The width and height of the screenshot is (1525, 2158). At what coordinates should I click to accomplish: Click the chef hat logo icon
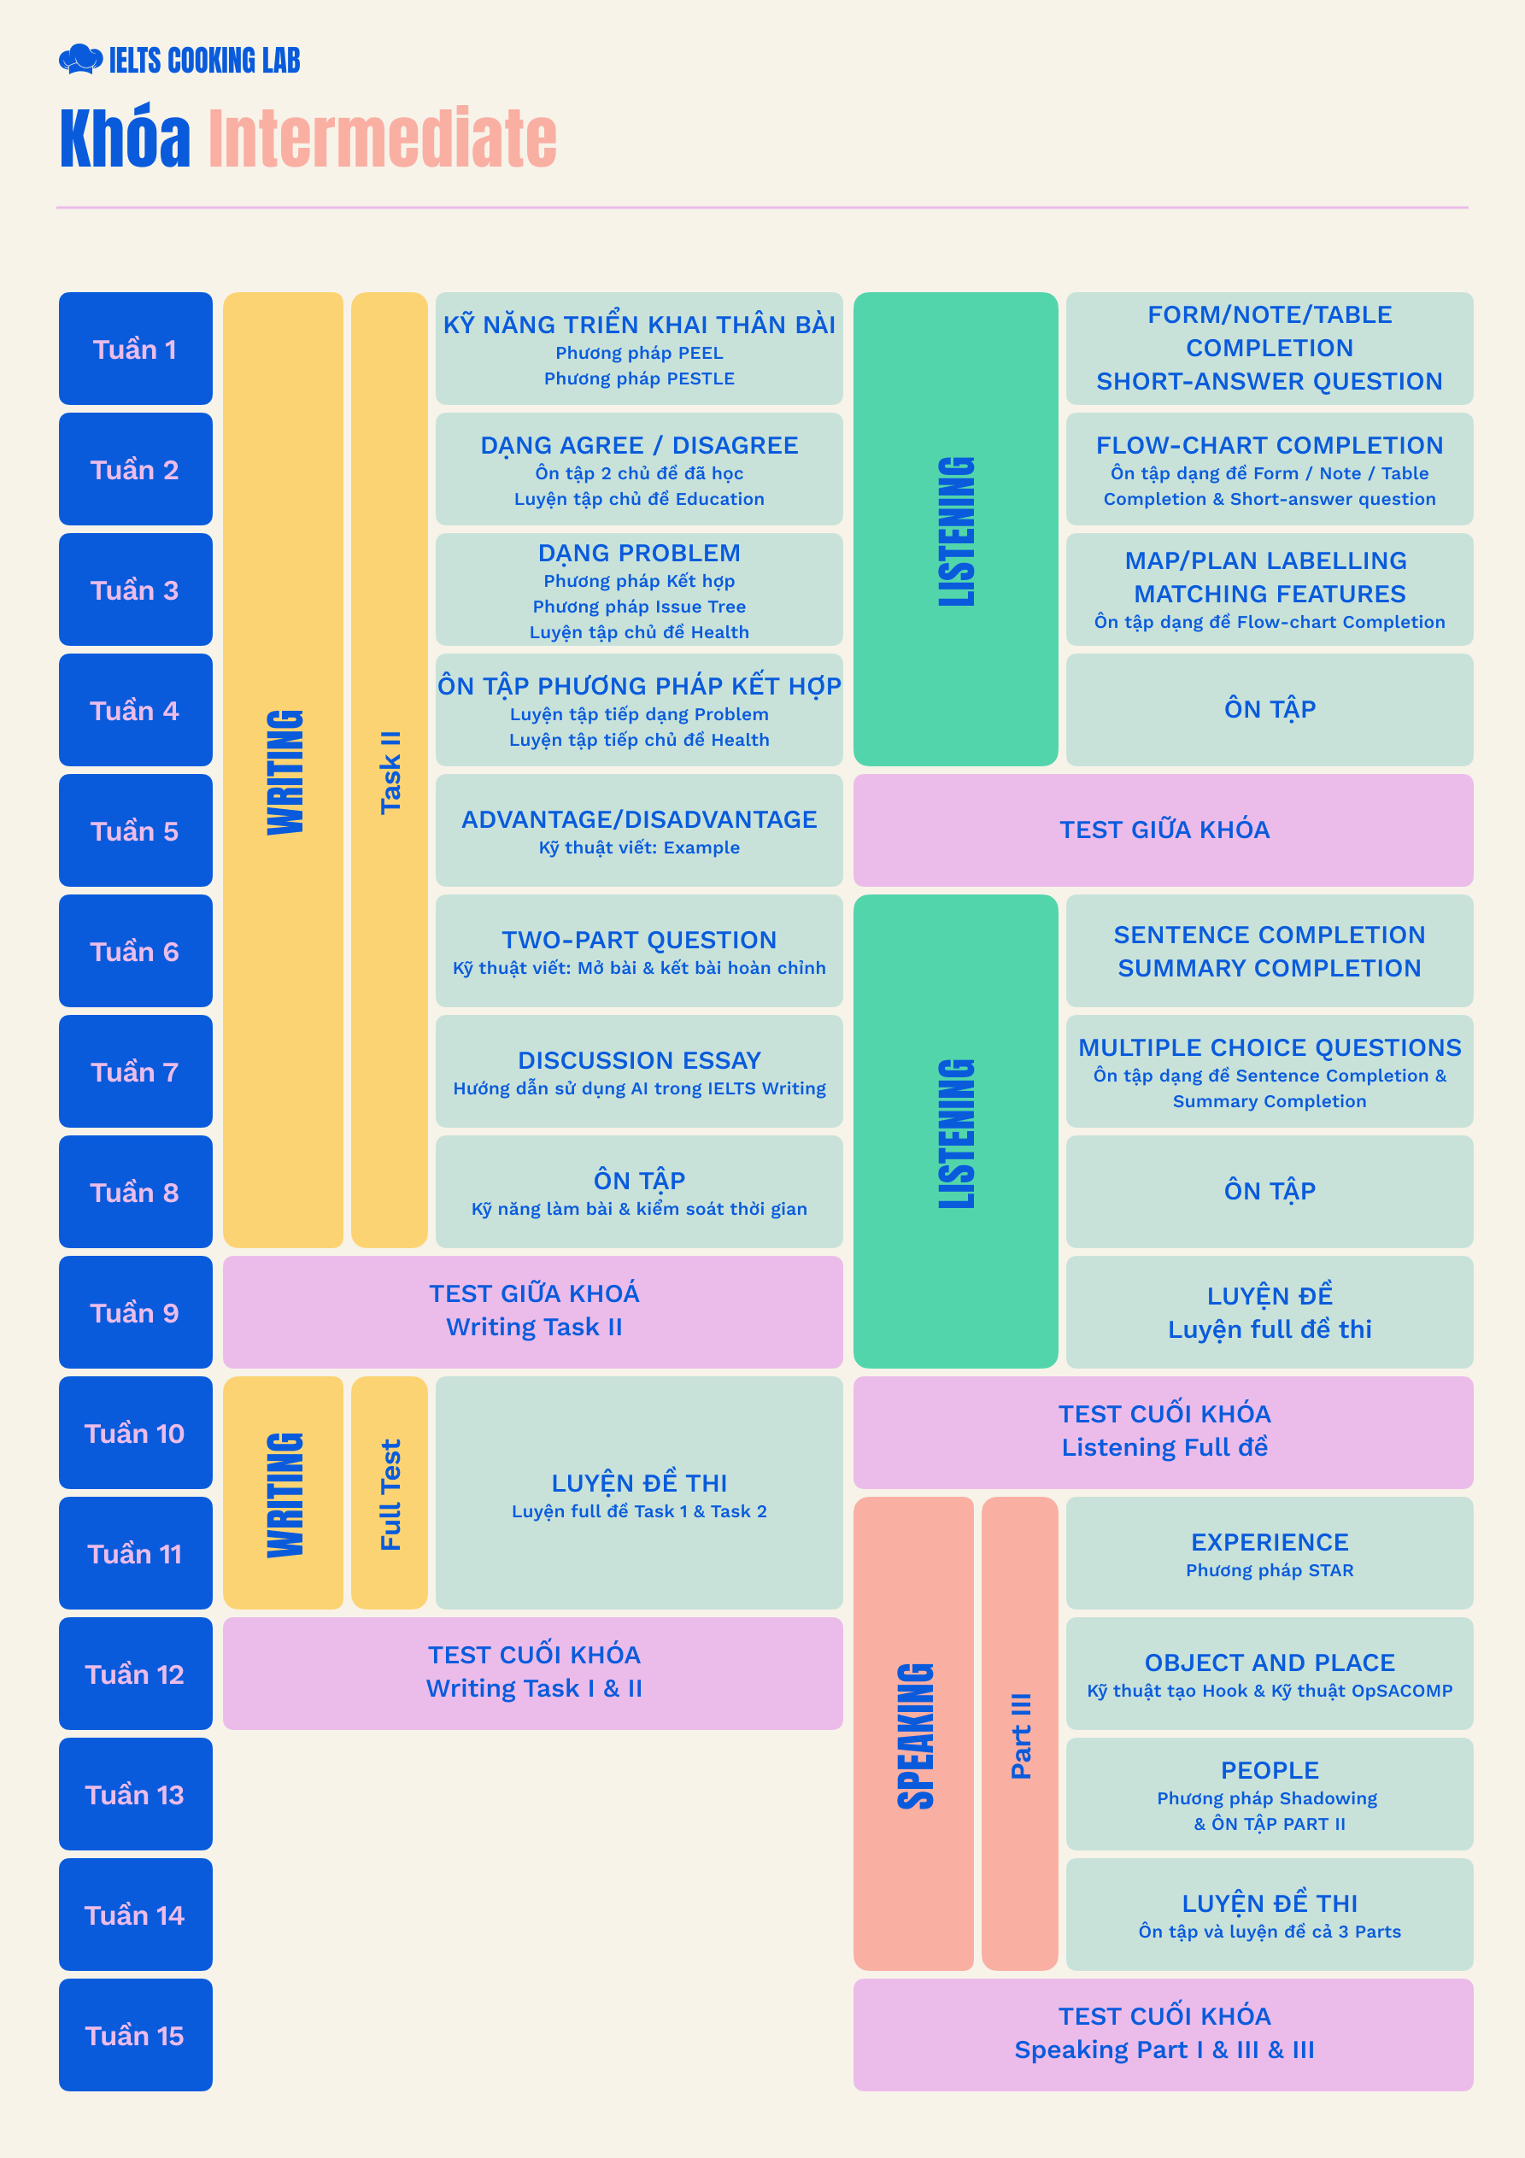point(81,59)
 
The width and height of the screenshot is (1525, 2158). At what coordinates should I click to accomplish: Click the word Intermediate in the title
point(383,138)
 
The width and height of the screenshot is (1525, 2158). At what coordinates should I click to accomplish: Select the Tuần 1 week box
point(135,349)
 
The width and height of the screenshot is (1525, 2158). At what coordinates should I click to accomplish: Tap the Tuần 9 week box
point(135,1312)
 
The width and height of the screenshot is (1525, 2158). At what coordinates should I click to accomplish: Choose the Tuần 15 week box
point(135,2035)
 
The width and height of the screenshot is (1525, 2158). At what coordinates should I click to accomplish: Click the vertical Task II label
point(390,771)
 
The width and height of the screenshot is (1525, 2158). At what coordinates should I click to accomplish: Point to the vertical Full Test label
point(390,1494)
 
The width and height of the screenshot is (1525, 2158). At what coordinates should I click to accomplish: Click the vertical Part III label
point(1020,1736)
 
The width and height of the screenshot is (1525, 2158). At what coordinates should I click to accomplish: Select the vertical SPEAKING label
point(915,1736)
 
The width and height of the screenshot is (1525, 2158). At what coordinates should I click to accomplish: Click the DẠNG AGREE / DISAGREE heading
point(639,445)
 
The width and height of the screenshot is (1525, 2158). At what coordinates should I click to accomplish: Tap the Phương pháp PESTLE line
point(639,378)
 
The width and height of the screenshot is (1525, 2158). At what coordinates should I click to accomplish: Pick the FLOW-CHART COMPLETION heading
point(1270,445)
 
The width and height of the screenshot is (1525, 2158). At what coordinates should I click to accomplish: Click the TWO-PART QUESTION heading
point(639,940)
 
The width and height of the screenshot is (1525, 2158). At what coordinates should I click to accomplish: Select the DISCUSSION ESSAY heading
point(639,1060)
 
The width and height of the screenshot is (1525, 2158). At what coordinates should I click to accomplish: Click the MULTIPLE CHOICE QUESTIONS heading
point(1270,1047)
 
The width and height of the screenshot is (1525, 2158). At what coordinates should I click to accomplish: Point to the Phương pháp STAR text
point(1270,1570)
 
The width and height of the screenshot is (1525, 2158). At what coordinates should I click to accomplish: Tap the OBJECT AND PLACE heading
point(1270,1662)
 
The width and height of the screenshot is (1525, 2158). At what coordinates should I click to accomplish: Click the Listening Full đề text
point(1164,1447)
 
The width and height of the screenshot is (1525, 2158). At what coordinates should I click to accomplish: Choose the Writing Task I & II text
point(534,1689)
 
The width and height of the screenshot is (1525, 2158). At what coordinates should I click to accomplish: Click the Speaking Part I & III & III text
point(1164,2050)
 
